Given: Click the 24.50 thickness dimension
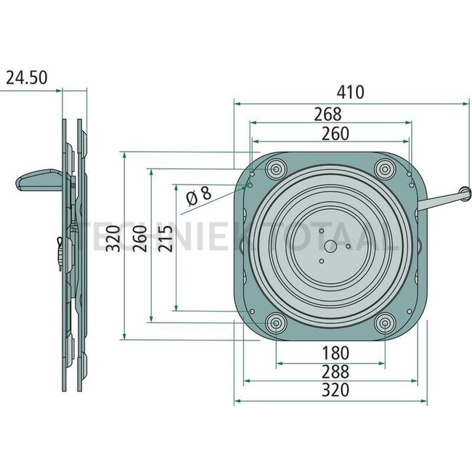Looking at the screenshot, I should (x=27, y=77).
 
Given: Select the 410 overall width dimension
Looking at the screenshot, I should (x=350, y=92).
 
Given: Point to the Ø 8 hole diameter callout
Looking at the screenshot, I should (x=198, y=195).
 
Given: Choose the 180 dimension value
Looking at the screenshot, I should (x=335, y=353).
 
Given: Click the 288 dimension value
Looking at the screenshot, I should (x=335, y=372).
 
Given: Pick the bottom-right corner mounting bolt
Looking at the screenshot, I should (x=384, y=323).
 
